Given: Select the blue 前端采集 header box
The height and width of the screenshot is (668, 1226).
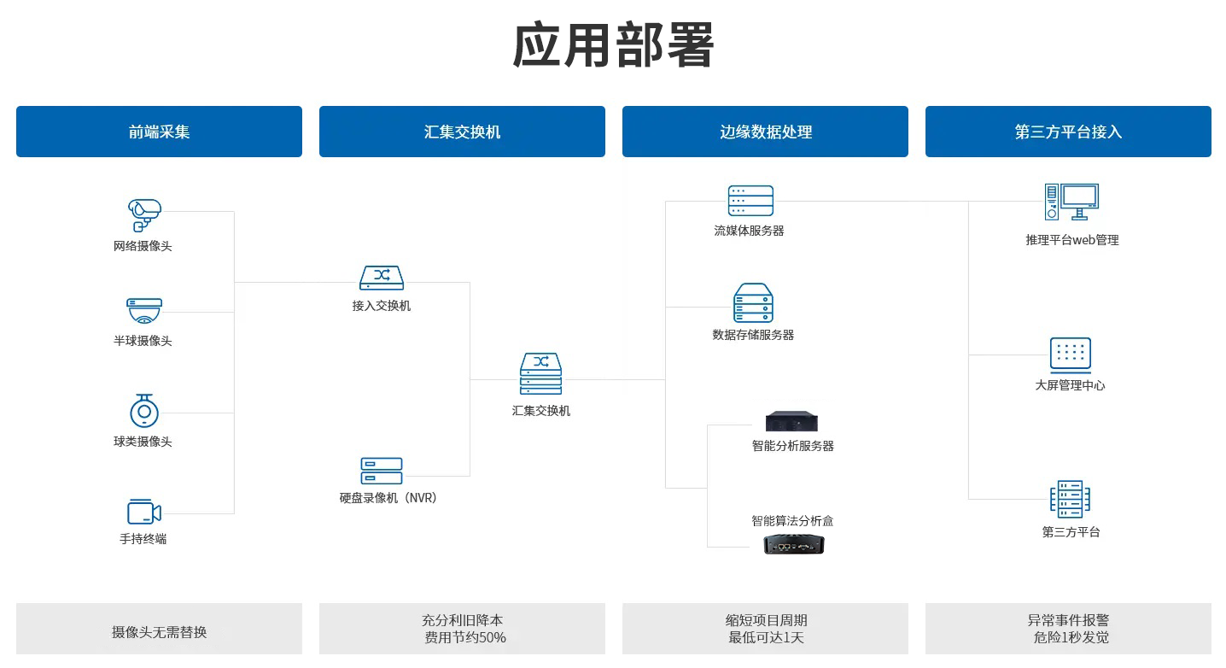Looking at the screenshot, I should (x=159, y=132).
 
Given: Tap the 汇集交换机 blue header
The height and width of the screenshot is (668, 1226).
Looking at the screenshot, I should (x=462, y=132).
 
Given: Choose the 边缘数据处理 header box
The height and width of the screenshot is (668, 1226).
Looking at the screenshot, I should (x=765, y=132).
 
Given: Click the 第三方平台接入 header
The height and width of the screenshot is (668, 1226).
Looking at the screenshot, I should (x=1068, y=132).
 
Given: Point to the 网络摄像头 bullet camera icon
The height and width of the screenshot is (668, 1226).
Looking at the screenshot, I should (x=143, y=214).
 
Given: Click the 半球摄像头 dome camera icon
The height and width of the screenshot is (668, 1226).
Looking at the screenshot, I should (x=143, y=311).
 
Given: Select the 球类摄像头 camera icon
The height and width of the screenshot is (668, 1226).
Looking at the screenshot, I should (x=144, y=411).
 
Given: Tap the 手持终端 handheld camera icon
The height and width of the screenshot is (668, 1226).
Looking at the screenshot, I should (x=143, y=512).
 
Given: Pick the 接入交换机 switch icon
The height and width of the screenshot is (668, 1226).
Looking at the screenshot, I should (x=381, y=277).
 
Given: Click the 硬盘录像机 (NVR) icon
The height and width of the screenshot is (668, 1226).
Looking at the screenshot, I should (x=381, y=471).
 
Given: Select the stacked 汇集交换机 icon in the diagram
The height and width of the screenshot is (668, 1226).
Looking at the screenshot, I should (x=540, y=374).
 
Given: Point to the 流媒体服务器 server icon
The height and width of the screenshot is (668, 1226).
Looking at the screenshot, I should (x=750, y=201).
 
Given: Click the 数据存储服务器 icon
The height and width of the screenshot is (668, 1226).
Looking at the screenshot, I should (x=753, y=302).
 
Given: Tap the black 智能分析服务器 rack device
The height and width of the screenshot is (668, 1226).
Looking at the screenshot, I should (x=791, y=421).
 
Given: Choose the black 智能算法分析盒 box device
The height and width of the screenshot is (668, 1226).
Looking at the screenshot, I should (x=793, y=543).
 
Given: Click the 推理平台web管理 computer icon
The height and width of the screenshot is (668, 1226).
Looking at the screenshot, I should (x=1071, y=202).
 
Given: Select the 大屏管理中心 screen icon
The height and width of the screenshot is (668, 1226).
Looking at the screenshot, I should (x=1071, y=354).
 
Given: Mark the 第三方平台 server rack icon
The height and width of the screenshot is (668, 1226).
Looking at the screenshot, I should (x=1070, y=500).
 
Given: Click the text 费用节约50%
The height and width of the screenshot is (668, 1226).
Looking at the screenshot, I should (x=465, y=637).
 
